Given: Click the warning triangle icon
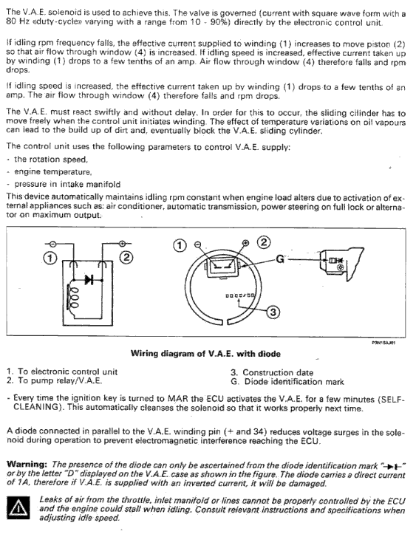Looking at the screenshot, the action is pyautogui.click(x=18, y=507).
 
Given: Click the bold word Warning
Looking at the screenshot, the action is pyautogui.click(x=27, y=464).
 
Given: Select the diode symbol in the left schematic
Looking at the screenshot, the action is pyautogui.click(x=89, y=280).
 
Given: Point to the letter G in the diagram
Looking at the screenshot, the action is pyautogui.click(x=280, y=259).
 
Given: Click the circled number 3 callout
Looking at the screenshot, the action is pyautogui.click(x=273, y=312).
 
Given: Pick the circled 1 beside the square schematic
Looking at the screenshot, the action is pyautogui.click(x=50, y=258).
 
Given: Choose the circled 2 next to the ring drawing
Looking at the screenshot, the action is pyautogui.click(x=263, y=242).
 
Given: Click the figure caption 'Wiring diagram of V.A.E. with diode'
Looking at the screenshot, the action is pyautogui.click(x=205, y=354).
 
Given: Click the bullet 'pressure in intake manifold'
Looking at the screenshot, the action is pyautogui.click(x=67, y=184).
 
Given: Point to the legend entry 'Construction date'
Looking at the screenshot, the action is pyautogui.click(x=278, y=372).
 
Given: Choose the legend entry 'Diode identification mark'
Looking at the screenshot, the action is pyautogui.click(x=294, y=382).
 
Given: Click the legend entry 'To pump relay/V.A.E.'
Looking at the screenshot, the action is pyautogui.click(x=60, y=380).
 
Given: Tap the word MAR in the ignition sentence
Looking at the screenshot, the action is pyautogui.click(x=176, y=399).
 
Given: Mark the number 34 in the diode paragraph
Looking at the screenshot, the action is pyautogui.click(x=258, y=432).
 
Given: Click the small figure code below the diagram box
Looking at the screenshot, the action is pyautogui.click(x=383, y=343).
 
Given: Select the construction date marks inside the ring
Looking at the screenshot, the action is pyautogui.click(x=240, y=295).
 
